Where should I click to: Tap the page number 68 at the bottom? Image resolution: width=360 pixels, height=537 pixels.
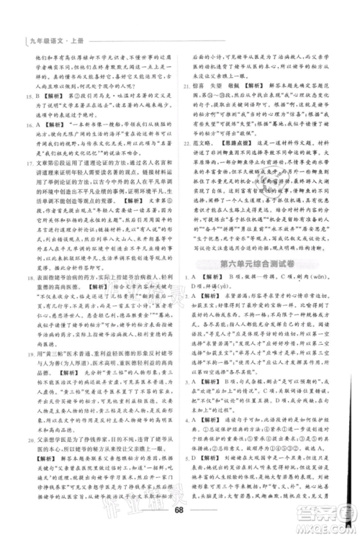pos(180,512)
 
